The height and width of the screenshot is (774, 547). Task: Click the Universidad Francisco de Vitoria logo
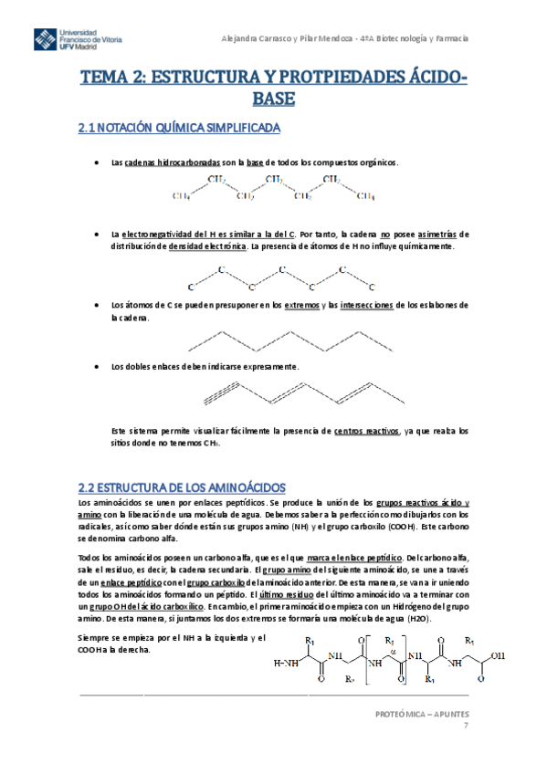[x=78, y=39]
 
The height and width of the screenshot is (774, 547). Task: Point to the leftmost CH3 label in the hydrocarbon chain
[x=182, y=195]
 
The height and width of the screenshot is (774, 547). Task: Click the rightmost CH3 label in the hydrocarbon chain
[x=364, y=195]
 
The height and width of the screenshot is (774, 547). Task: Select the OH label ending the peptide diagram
[x=499, y=654]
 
